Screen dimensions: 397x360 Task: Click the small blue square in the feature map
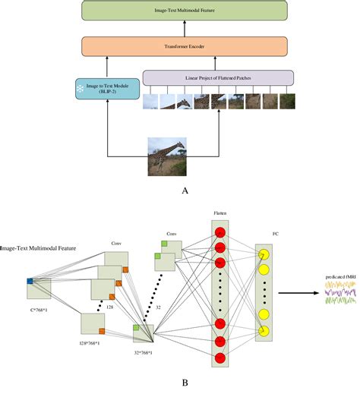click(x=30, y=282)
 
